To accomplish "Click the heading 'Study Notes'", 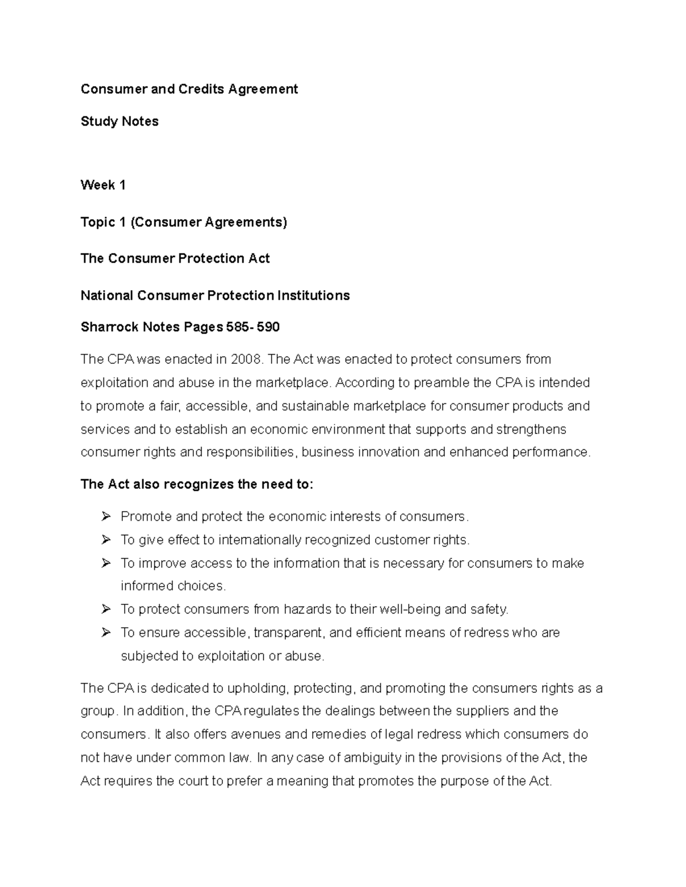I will point(119,121).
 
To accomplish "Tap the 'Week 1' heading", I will point(103,185).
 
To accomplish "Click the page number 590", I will point(268,327).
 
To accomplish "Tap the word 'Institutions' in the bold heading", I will point(313,295).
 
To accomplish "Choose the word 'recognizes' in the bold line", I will point(198,484).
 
